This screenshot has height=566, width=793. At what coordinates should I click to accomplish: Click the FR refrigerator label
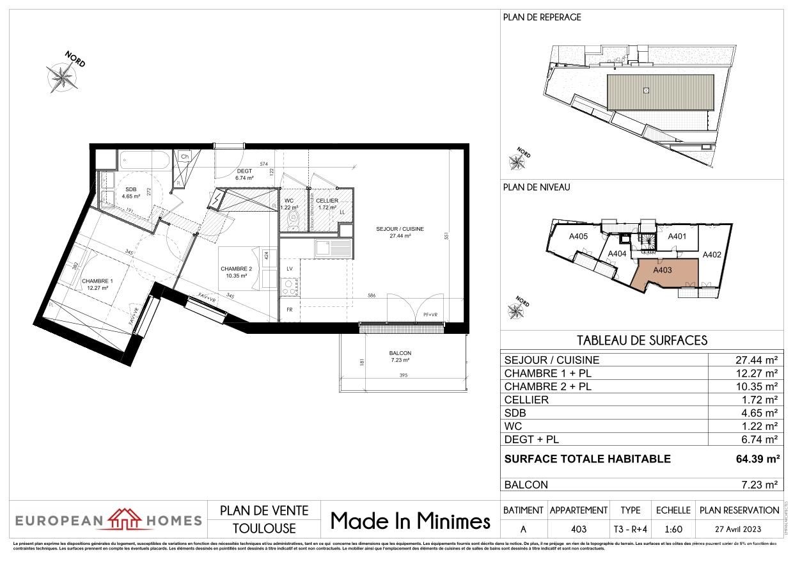click(289, 310)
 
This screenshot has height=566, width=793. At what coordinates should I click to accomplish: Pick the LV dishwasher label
click(289, 269)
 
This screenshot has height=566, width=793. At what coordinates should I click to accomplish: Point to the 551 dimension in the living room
click(447, 235)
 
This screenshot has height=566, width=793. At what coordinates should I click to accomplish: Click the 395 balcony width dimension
click(403, 376)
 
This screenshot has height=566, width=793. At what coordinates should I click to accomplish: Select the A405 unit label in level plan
click(578, 237)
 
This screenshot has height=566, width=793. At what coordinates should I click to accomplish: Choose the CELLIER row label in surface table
click(526, 400)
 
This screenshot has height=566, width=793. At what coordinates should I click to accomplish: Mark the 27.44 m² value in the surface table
click(757, 360)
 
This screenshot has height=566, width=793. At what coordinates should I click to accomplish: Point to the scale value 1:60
click(673, 528)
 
